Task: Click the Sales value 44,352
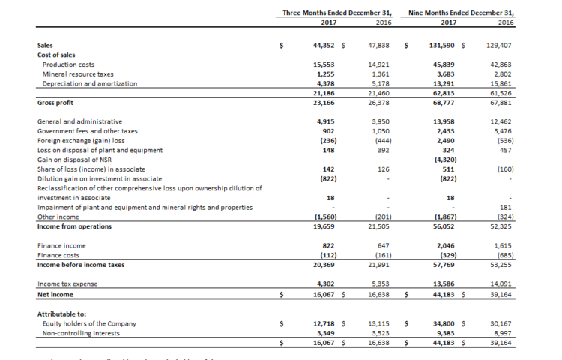(x=323, y=45)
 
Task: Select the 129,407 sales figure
(x=498, y=45)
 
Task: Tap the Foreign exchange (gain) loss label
(x=79, y=139)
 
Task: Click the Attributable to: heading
(x=61, y=313)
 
